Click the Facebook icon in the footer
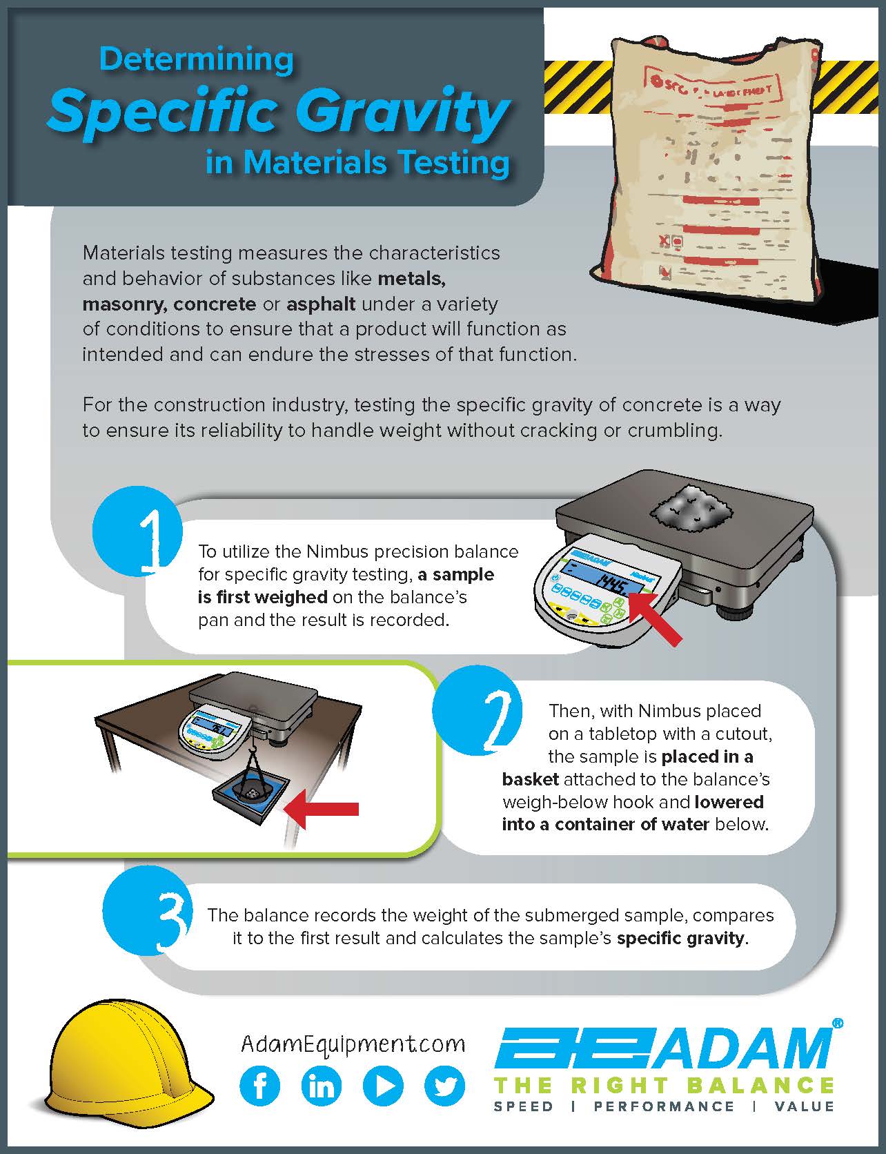click(x=260, y=1086)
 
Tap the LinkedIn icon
click(x=322, y=1086)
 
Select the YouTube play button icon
click(x=383, y=1086)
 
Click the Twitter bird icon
click(x=445, y=1086)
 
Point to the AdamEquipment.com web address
click(x=353, y=1044)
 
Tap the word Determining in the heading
click(x=197, y=59)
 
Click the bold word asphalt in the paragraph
click(x=321, y=304)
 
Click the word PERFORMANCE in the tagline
click(x=664, y=1106)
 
